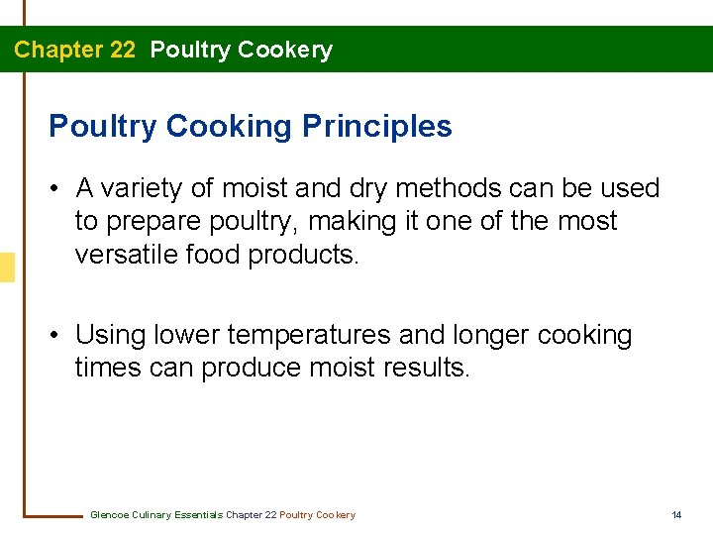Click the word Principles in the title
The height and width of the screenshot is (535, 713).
[377, 127]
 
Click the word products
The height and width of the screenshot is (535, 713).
[304, 255]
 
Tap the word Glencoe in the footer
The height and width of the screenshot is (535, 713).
[110, 515]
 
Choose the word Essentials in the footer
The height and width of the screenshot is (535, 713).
[197, 515]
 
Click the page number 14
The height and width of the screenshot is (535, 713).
[677, 515]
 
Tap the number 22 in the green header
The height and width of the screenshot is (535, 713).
[123, 50]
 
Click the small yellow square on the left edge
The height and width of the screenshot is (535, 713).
[7, 267]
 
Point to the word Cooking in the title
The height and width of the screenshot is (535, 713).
[229, 127]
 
